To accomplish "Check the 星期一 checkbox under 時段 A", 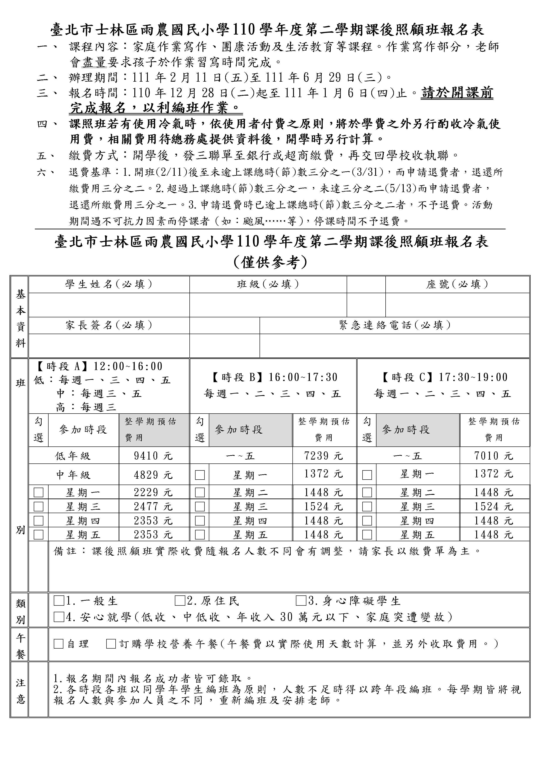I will point(39,492).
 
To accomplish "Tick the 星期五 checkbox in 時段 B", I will point(200,534).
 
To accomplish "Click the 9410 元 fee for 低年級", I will point(153,456).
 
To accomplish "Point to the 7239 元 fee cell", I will point(323,456).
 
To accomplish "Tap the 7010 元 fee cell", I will point(494,456).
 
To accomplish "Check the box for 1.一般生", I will point(59,601).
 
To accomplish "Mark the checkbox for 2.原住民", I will point(180,601).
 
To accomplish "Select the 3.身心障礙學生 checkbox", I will point(301,601).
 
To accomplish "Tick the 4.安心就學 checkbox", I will point(59,617).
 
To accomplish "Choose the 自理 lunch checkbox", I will point(59,644).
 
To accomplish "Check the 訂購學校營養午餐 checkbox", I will point(111,644).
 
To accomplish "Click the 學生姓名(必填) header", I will point(109,284).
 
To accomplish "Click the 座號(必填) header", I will point(457,284).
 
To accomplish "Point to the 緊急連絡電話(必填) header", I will point(395,325).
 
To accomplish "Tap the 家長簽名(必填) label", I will point(109,325).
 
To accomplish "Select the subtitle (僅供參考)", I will point(270,262).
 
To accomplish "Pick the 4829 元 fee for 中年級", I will point(153,475).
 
